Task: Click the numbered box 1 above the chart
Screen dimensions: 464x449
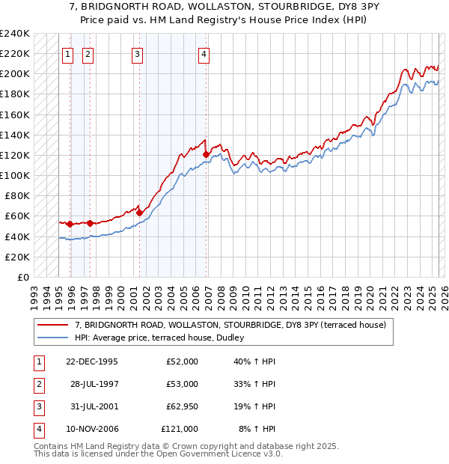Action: (x=67, y=53)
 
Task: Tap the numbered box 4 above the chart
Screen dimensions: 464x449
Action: (x=204, y=53)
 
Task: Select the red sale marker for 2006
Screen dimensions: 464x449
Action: (x=206, y=154)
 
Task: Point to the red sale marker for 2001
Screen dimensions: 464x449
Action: (x=139, y=213)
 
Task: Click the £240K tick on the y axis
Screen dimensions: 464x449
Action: (x=15, y=34)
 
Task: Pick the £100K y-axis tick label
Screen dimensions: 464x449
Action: (x=15, y=175)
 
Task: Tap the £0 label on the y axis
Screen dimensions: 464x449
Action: (x=22, y=277)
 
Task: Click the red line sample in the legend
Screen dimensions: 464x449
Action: (x=52, y=325)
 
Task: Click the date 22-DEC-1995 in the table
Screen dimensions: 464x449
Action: (x=91, y=361)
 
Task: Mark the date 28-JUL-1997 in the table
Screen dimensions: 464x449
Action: (x=94, y=384)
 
